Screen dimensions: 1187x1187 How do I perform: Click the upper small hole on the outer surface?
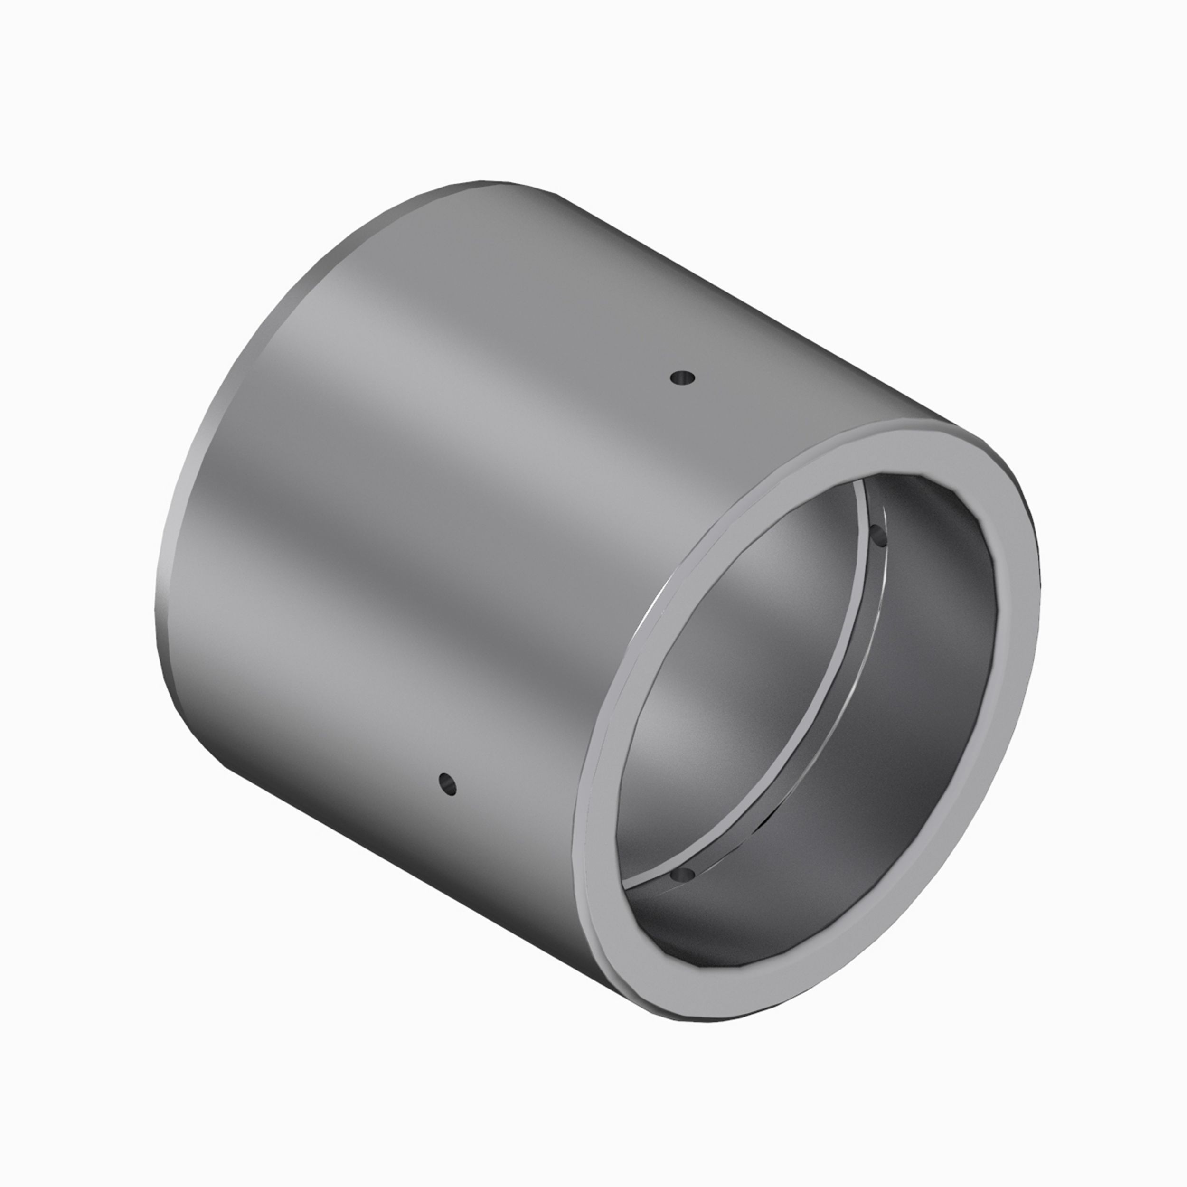[682, 377]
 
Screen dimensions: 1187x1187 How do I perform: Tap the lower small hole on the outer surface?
[447, 783]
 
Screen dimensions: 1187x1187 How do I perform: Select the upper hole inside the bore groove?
[879, 537]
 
